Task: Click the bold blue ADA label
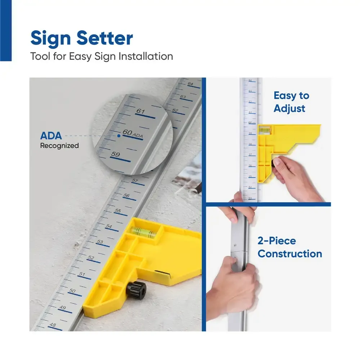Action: click(51, 136)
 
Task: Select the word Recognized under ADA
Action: click(59, 146)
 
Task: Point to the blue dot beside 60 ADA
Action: click(118, 136)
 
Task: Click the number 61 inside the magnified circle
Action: click(140, 111)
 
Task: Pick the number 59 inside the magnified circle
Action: click(116, 155)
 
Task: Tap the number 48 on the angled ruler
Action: click(53, 325)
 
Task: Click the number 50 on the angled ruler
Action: click(72, 291)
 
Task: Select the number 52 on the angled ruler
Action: click(91, 258)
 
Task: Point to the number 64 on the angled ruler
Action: click(190, 84)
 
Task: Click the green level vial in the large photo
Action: click(143, 232)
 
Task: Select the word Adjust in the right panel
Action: click(289, 108)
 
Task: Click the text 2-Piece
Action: click(276, 241)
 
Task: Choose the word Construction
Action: click(290, 254)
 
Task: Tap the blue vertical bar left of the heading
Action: click(6, 30)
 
